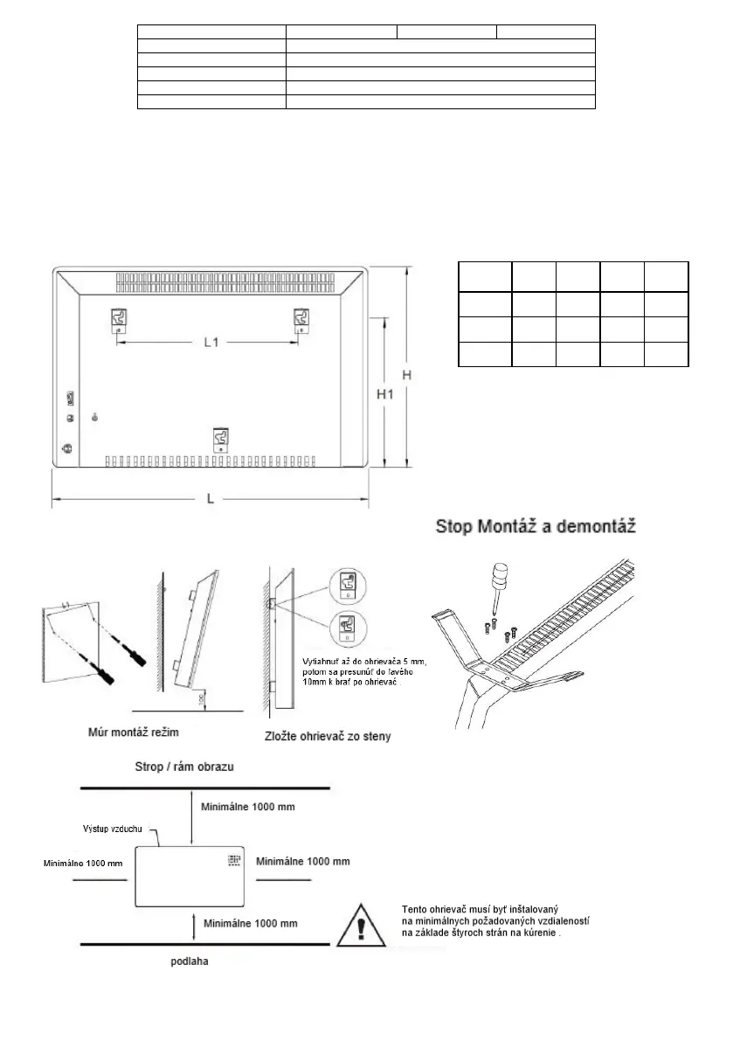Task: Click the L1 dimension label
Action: click(210, 344)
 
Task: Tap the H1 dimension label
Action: click(385, 394)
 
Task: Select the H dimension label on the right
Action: click(406, 374)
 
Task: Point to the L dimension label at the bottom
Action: click(210, 499)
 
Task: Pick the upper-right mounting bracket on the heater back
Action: click(299, 321)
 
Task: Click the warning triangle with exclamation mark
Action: click(362, 921)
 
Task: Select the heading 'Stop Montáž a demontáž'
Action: click(536, 527)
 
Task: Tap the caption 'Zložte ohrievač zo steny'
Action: click(327, 736)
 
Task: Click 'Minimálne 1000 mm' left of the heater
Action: click(84, 863)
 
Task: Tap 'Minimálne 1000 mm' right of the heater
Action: click(303, 861)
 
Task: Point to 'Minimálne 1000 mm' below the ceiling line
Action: click(247, 805)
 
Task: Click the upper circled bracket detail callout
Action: click(346, 588)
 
